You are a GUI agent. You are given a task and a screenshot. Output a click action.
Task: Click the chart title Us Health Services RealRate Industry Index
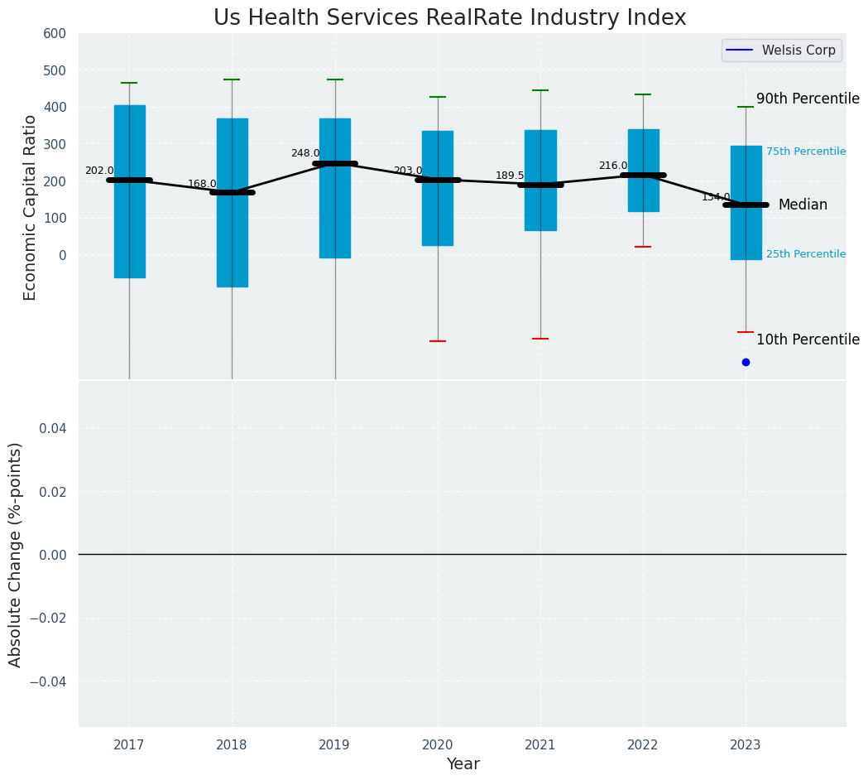tap(449, 18)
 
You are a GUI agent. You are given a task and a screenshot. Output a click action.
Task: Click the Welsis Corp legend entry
tap(782, 51)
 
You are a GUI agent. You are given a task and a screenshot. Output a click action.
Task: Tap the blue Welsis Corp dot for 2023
tap(746, 362)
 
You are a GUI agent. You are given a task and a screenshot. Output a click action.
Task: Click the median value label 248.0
tap(305, 153)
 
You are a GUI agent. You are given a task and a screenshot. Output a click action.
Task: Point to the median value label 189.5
tap(510, 176)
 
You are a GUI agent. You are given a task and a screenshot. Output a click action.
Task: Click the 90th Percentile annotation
tap(808, 99)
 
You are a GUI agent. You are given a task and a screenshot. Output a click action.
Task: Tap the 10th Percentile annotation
tap(808, 339)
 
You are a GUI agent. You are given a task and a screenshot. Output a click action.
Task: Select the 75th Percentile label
tap(805, 152)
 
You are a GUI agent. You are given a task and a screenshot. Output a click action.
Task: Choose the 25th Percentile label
tap(805, 254)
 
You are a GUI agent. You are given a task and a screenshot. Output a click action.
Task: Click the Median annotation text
tap(803, 205)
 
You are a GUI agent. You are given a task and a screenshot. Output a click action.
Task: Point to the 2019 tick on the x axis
tap(334, 745)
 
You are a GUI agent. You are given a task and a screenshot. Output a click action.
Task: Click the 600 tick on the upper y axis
tap(55, 33)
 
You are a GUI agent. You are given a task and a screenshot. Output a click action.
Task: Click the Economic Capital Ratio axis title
tap(30, 207)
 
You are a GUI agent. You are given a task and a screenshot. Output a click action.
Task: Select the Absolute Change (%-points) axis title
tap(15, 554)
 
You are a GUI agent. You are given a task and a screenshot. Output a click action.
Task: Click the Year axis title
tap(463, 764)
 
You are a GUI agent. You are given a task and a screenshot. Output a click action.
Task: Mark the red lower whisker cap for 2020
tap(438, 341)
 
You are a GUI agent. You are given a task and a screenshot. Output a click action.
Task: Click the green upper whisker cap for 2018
tap(232, 79)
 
